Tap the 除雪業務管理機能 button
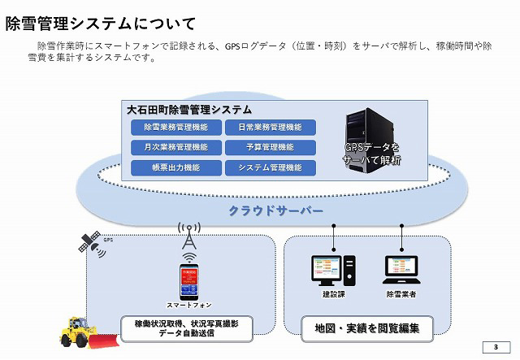[x=175, y=128]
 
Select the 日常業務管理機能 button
[x=270, y=128]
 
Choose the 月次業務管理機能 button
[x=175, y=148]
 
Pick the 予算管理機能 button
[x=270, y=148]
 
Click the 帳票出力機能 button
[x=175, y=167]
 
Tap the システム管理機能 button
[x=270, y=167]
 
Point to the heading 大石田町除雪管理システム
[x=188, y=109]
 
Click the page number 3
[x=496, y=349]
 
